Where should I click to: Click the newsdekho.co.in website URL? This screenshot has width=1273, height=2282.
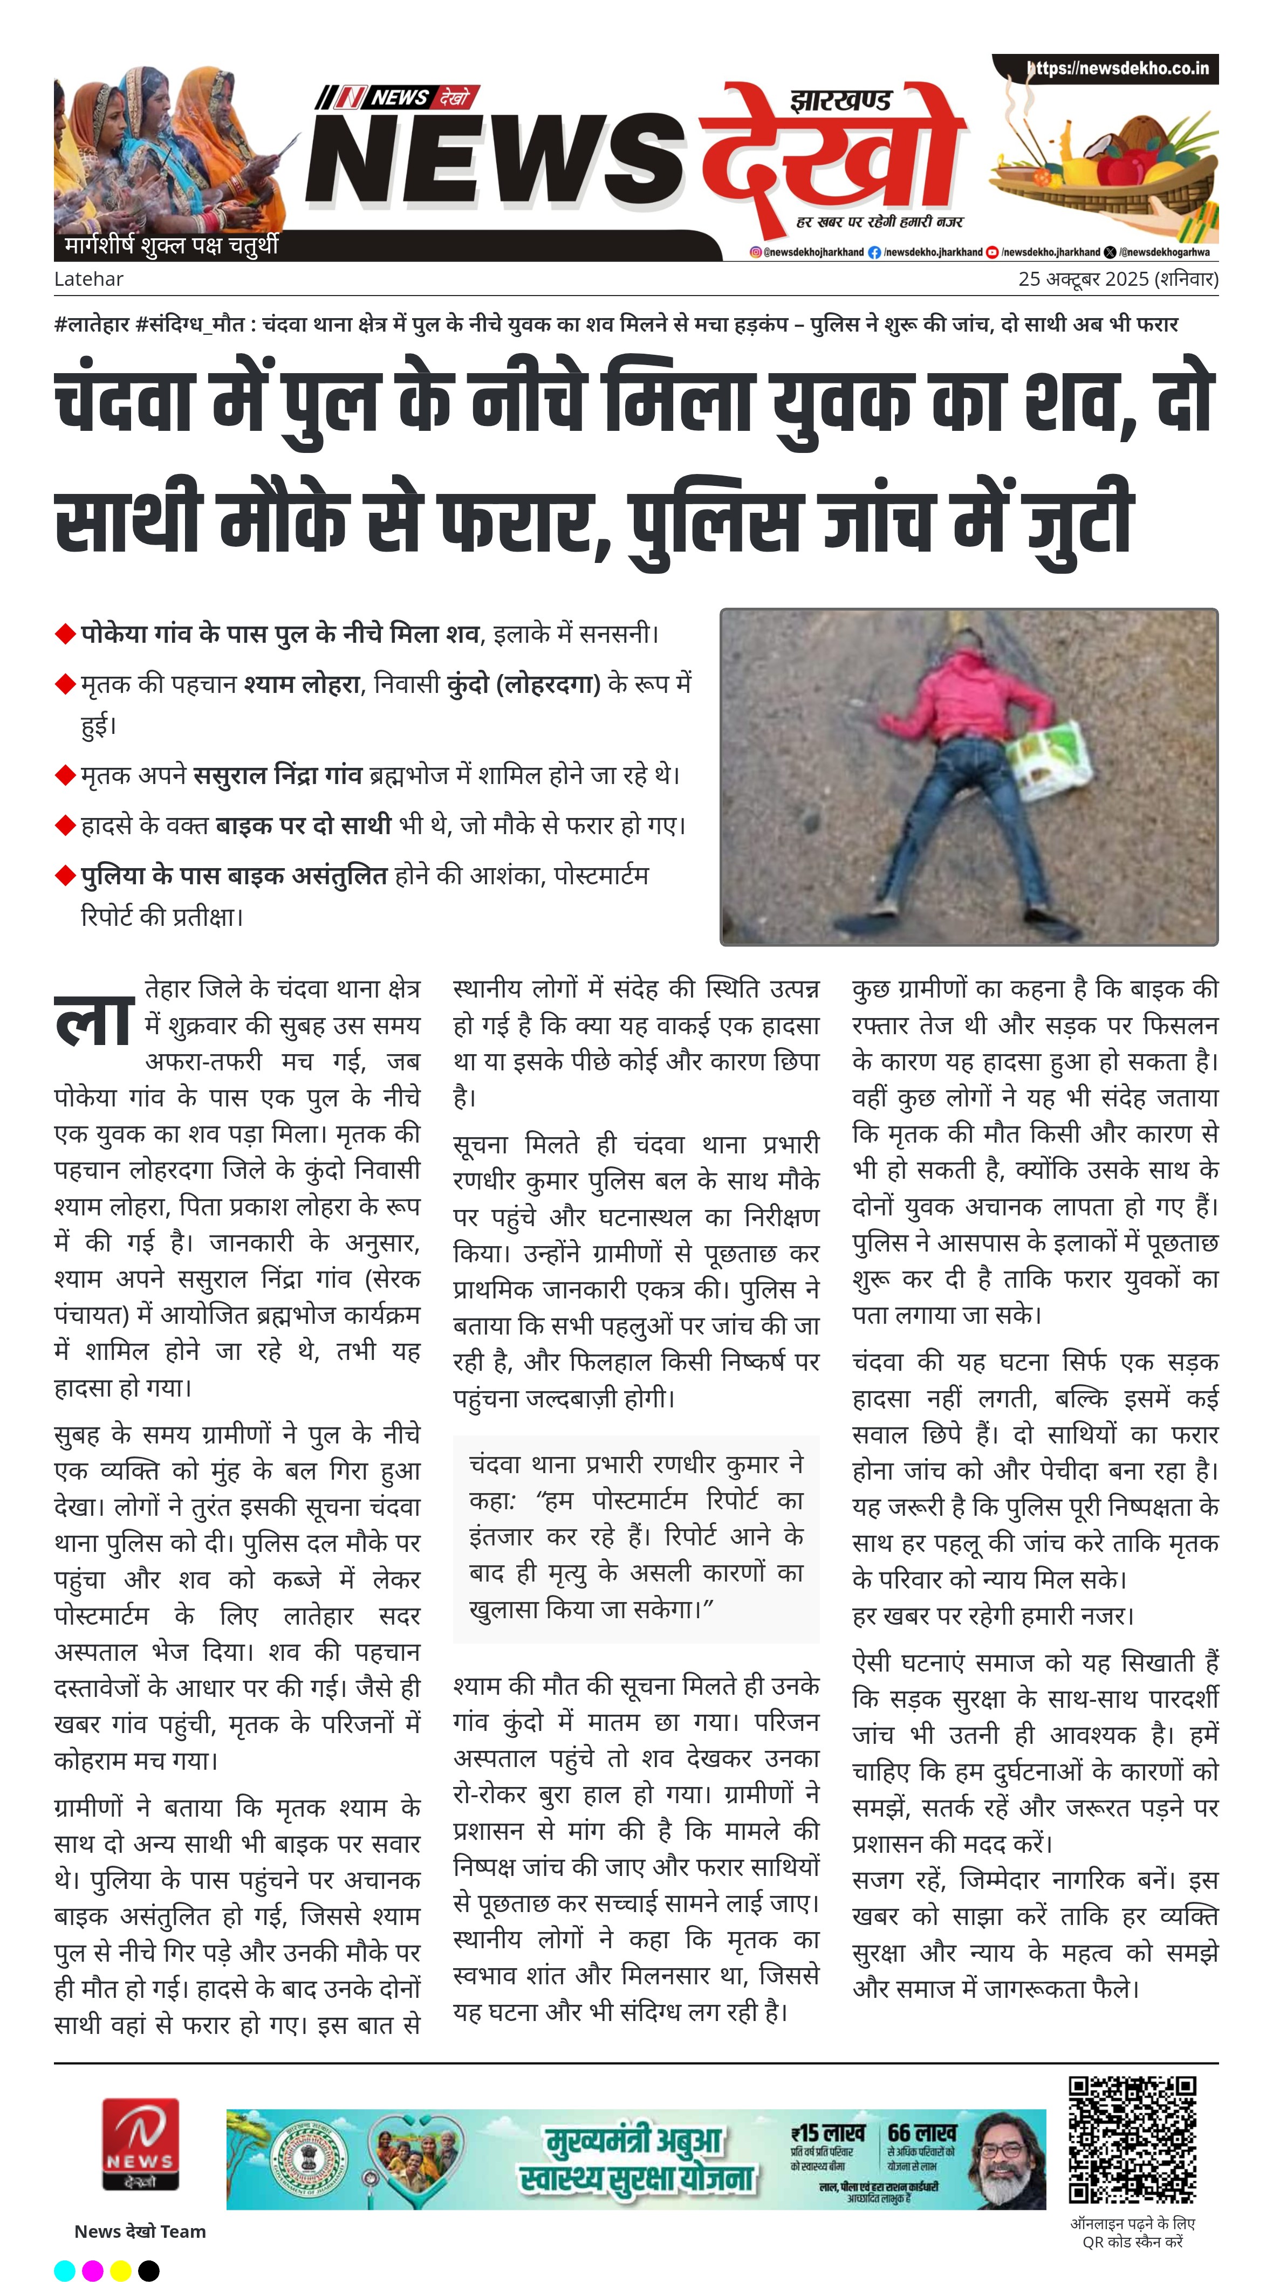[1118, 68]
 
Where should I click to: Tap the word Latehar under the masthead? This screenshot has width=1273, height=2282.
[88, 279]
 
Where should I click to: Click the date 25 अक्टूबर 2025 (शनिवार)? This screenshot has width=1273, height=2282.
[1118, 279]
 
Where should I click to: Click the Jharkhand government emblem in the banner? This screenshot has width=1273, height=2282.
[306, 2159]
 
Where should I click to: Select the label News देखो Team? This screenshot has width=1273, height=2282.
[140, 2231]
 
